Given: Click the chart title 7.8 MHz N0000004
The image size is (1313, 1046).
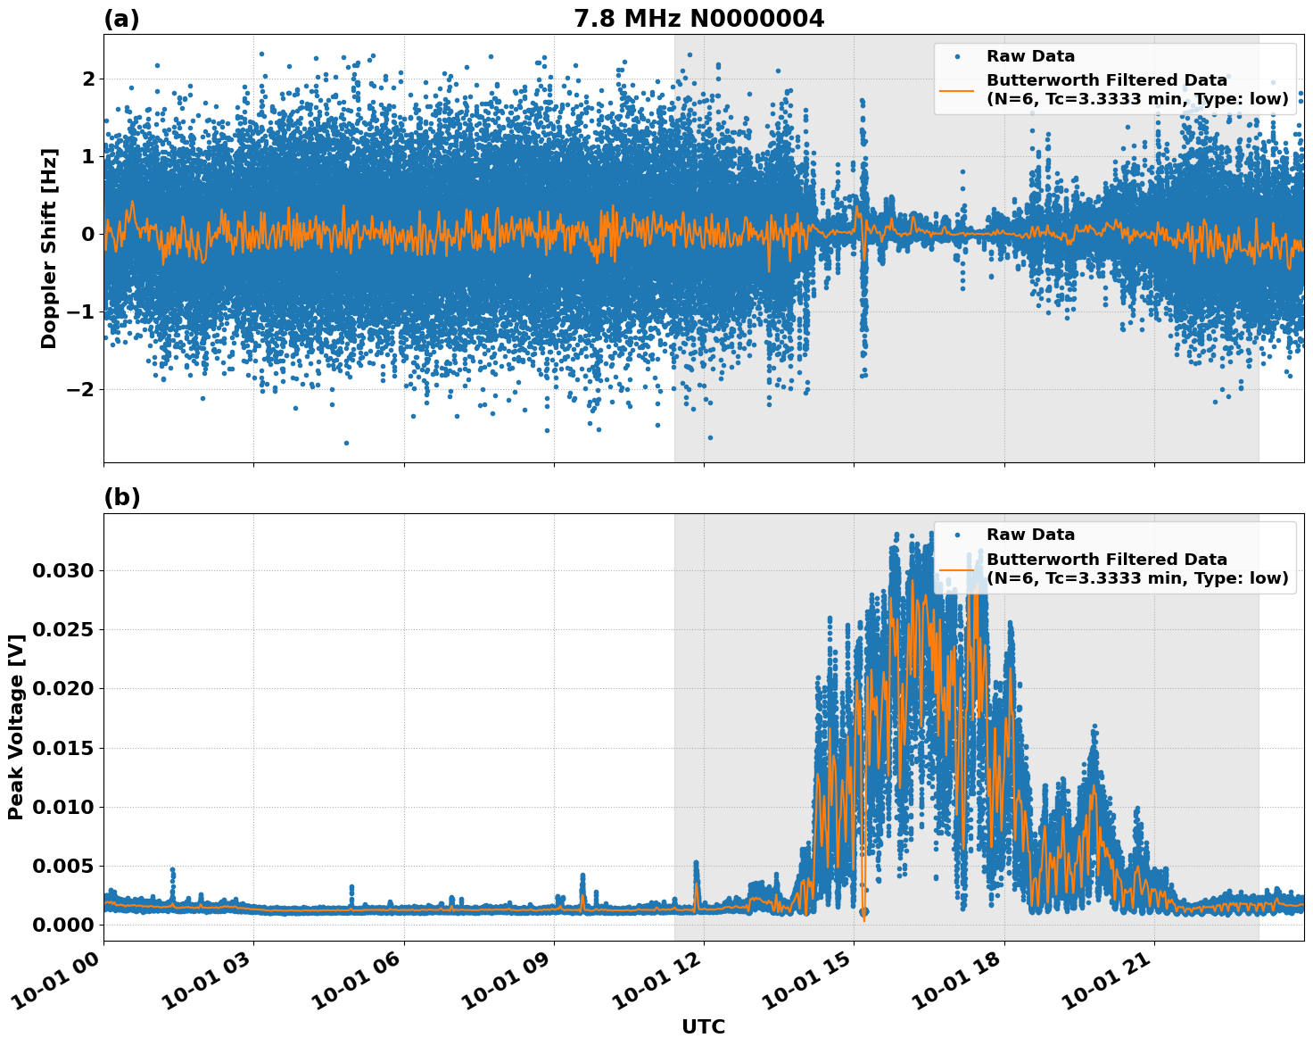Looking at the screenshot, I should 698,18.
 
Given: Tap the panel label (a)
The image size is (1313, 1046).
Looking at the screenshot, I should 121,19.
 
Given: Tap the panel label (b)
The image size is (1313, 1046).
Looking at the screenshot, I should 121,497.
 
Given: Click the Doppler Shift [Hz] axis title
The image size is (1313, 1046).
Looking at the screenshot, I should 49,248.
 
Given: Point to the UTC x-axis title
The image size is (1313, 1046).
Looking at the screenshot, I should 703,1026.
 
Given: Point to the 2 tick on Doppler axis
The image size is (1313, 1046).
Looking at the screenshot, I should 87,79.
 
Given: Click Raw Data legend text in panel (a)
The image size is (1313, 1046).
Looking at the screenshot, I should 1030,56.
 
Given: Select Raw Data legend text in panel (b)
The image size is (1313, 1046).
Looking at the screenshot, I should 1030,535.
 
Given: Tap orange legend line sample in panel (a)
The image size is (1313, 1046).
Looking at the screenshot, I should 956,89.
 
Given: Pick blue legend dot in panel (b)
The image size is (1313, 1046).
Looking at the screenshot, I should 956,535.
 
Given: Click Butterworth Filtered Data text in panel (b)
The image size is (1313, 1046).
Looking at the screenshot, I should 1106,560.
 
